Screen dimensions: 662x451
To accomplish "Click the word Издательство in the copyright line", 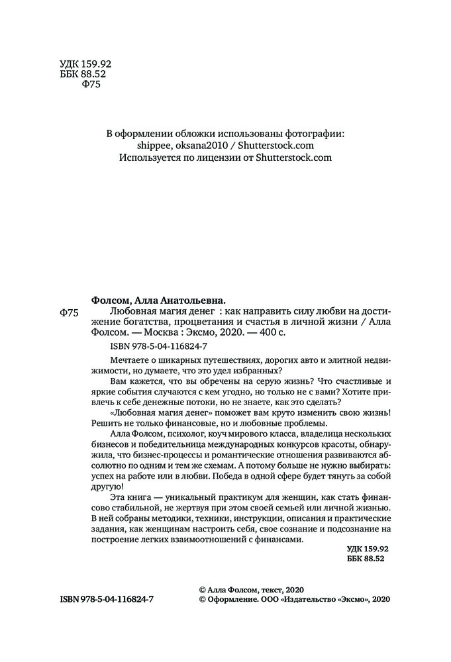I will (311, 598).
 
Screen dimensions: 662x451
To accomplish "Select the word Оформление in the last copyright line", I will (232, 598).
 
